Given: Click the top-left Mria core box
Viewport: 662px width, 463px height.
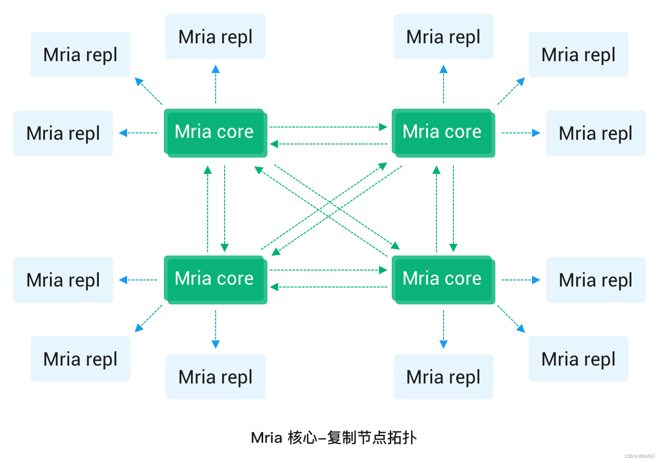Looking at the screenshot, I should click(215, 132).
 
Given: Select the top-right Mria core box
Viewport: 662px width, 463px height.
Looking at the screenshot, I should click(443, 132).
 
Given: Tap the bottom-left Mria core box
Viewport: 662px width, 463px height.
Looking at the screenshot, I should click(215, 279).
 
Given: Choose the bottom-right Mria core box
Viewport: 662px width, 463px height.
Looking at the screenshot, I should click(443, 279).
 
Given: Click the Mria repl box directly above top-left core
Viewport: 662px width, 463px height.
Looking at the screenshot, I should click(216, 37).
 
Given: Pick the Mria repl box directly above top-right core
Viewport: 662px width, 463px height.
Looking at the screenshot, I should click(443, 37).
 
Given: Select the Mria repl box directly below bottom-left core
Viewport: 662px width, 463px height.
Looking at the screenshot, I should click(216, 377).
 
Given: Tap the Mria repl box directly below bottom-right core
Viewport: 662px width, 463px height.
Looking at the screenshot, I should click(443, 377).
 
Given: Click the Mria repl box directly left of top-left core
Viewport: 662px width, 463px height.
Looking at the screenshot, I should click(63, 133).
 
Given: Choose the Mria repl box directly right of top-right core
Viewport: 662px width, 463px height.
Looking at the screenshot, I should click(596, 133).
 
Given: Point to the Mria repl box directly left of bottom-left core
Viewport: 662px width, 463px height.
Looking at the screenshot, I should click(63, 280).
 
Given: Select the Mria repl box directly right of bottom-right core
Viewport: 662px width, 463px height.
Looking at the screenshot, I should click(596, 280).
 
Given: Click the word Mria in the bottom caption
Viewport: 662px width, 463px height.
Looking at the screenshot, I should click(266, 438).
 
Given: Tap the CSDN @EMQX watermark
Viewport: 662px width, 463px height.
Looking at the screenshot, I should click(639, 456).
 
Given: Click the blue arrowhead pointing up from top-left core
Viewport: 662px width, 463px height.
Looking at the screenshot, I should click(216, 69).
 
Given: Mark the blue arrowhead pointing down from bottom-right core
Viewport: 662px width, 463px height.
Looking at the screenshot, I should click(443, 344).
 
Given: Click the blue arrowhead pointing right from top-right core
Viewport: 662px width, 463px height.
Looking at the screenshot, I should click(536, 133).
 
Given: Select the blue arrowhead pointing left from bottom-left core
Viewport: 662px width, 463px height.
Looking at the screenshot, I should click(123, 280).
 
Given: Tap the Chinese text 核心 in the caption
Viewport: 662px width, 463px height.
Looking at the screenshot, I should click(302, 438).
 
